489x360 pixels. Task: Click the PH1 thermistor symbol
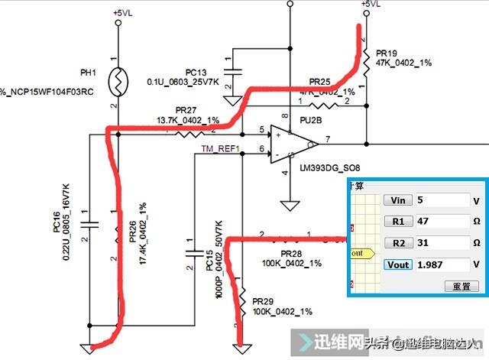coord(117,76)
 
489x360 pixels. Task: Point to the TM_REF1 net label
coord(220,149)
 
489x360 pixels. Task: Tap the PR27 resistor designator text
coord(186,111)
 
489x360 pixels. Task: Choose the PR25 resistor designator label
coord(319,81)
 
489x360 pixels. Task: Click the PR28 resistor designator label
coord(292,253)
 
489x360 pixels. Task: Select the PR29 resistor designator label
coord(264,302)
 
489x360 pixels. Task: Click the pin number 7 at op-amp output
coord(326,138)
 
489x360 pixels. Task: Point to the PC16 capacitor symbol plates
coord(90,223)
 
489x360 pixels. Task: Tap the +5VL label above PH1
coord(123,13)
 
